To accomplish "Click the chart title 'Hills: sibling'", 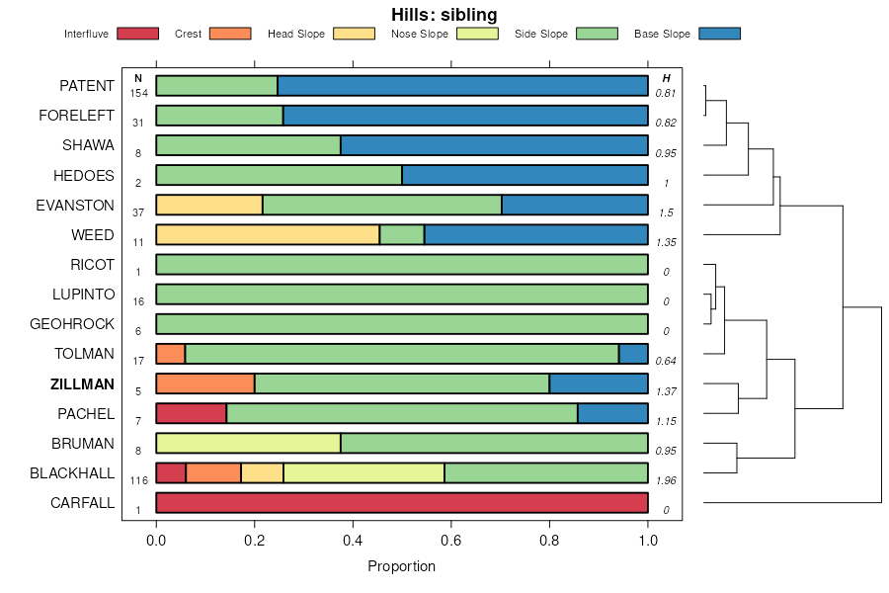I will pyautogui.click(x=444, y=15).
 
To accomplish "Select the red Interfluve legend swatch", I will pyautogui.click(x=137, y=34).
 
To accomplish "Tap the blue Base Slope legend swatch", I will pyautogui.click(x=719, y=34).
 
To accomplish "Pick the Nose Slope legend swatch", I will pyautogui.click(x=477, y=34).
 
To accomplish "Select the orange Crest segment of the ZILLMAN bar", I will pyautogui.click(x=205, y=383).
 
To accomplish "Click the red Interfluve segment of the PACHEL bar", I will pyautogui.click(x=192, y=413).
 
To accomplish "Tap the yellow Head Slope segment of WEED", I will pyautogui.click(x=268, y=235).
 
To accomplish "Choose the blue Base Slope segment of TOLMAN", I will pyautogui.click(x=633, y=354).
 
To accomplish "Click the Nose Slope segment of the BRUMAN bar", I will pyautogui.click(x=248, y=443).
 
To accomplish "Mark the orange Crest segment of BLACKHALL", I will pyautogui.click(x=213, y=472).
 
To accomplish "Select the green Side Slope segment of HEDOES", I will pyautogui.click(x=279, y=175).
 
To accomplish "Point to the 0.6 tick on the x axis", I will pyautogui.click(x=451, y=540).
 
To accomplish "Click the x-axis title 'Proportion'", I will pyautogui.click(x=401, y=566).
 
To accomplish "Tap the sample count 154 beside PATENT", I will pyautogui.click(x=138, y=93).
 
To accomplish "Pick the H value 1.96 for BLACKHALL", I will pyautogui.click(x=666, y=480).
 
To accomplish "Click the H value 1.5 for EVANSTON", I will pyautogui.click(x=666, y=212).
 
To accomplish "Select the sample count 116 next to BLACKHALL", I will pyautogui.click(x=138, y=480).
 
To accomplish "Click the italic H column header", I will pyautogui.click(x=666, y=78).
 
